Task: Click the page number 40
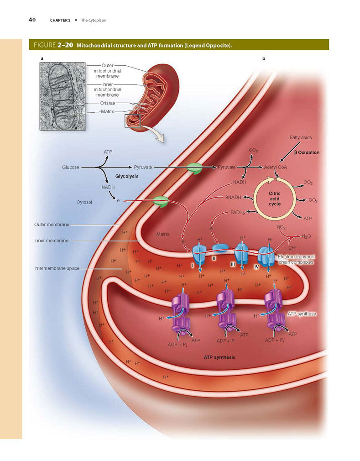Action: point(32,20)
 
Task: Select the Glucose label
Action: point(71,168)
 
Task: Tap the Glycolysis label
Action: point(127,176)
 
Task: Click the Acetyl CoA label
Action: point(276,168)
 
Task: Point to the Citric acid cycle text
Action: point(275,199)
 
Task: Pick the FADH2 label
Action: point(237,212)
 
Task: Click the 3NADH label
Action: point(233,198)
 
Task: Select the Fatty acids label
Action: point(300,137)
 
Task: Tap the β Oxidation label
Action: point(307,152)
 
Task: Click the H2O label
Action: point(306,236)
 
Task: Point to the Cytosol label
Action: point(84,202)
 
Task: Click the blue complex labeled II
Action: point(220,248)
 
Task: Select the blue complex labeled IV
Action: point(266,256)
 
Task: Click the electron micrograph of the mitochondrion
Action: point(63,96)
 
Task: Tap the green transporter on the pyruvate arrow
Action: point(194,168)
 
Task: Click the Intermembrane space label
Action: point(57,268)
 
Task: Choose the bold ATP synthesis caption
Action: point(219,357)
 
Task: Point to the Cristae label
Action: point(108,103)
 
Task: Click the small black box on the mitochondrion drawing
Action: point(132,121)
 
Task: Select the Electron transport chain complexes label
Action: point(296,259)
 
